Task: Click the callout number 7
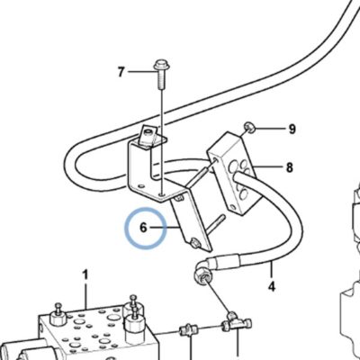121,72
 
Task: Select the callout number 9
292,130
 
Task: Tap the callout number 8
289,167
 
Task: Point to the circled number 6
143,228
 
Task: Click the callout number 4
271,287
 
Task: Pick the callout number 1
85,275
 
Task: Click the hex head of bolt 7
162,65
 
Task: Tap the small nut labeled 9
249,128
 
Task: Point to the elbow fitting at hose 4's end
203,271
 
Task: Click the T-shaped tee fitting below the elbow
236,323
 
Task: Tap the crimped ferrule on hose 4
228,260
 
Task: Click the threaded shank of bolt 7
161,79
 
